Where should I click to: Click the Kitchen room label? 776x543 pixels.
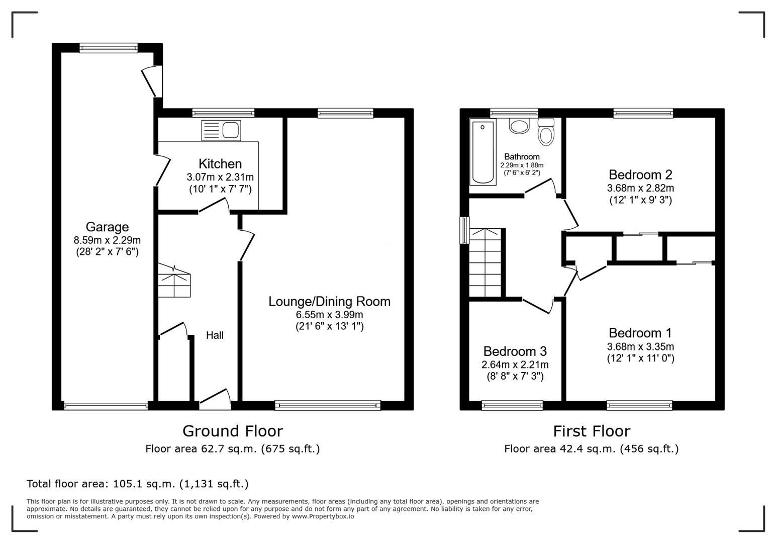pyautogui.click(x=220, y=164)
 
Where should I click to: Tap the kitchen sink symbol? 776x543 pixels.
pyautogui.click(x=221, y=131)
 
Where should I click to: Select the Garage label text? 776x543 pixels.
pyautogui.click(x=107, y=227)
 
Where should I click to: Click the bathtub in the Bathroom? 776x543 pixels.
pyautogui.click(x=482, y=152)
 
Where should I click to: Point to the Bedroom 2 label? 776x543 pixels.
pyautogui.click(x=640, y=175)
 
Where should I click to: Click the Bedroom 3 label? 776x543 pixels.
pyautogui.click(x=515, y=351)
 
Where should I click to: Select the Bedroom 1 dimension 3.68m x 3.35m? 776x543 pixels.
pyautogui.click(x=640, y=346)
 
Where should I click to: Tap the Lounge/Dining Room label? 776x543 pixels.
pyautogui.click(x=329, y=302)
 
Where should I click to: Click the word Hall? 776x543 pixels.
pyautogui.click(x=215, y=335)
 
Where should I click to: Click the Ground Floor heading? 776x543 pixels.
pyautogui.click(x=232, y=431)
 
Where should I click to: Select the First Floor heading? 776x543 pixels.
pyautogui.click(x=591, y=431)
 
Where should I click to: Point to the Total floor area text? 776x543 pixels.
pyautogui.click(x=137, y=484)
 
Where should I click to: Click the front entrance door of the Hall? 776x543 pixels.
pyautogui.click(x=216, y=397)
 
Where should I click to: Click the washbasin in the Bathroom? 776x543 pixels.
pyautogui.click(x=519, y=126)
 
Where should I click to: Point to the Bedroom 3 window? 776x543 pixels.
pyautogui.click(x=512, y=405)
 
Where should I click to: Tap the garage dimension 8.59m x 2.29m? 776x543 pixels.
pyautogui.click(x=107, y=240)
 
